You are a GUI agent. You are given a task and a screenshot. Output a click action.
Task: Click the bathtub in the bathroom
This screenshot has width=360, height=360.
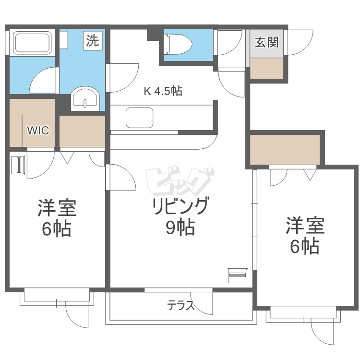pos(33,43)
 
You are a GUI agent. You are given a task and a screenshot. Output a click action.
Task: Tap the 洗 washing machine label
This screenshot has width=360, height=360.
pos(93,40)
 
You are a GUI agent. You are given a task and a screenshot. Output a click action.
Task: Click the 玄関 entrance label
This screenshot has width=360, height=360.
pos(266,42)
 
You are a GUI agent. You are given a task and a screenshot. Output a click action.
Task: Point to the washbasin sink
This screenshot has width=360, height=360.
pos(85,99)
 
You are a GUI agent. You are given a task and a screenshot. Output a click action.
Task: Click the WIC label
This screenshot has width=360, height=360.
pos(37,131)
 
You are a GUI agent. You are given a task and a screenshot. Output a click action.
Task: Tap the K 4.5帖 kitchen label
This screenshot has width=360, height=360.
pos(163,91)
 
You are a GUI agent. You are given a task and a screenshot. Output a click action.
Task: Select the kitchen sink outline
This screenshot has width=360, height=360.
pos(139,117)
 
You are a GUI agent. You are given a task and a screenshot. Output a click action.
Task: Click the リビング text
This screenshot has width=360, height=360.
pos(180,206)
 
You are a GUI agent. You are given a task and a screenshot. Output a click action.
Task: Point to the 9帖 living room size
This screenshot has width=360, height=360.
pos(180,227)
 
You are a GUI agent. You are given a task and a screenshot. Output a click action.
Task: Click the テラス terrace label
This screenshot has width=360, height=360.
pos(181,305)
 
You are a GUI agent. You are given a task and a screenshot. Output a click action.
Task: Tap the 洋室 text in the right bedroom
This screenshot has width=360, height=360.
pos(305,225)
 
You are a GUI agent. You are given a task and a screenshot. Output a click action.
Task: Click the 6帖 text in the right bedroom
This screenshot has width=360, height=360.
pos(305,246)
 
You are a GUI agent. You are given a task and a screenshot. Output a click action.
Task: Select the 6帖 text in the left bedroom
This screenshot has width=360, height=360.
pos(57,229)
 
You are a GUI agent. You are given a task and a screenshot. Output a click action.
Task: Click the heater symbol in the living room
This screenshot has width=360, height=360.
pos(237,275)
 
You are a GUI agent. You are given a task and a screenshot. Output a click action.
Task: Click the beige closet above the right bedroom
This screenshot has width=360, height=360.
pos(285,149)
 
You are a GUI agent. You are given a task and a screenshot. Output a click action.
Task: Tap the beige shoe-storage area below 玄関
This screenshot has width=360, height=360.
pos(266,68)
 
